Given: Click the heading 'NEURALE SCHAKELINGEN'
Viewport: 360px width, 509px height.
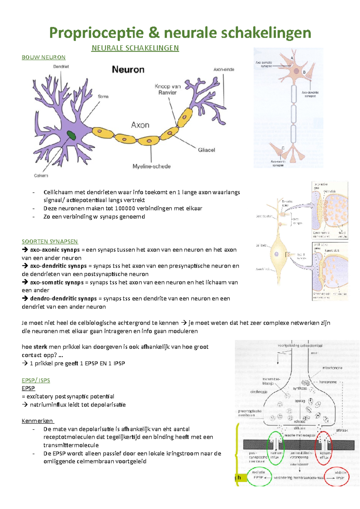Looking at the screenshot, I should click(135, 48).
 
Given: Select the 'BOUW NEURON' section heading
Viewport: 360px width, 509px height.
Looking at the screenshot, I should click(43, 57).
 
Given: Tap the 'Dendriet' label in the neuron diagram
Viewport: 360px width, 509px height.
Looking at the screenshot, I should click(61, 67).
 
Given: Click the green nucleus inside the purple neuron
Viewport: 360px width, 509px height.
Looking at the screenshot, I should click(71, 135).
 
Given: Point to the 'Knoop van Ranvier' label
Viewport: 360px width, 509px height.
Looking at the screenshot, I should click(167, 89).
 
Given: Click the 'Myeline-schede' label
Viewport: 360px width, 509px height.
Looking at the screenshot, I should click(151, 166).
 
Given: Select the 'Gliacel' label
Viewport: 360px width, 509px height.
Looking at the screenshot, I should click(206, 150).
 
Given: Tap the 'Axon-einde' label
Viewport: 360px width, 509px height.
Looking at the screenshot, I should click(224, 70).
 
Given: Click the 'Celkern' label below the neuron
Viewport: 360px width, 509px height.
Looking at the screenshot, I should click(41, 175).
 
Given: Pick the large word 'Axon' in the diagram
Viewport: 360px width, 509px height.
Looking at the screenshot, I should click(140, 125).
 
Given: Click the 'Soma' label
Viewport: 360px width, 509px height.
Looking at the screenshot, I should click(103, 97).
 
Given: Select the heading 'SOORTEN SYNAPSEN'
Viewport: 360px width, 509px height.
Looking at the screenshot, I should click(50, 241).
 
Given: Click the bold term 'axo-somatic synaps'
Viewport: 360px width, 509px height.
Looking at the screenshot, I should click(57, 282).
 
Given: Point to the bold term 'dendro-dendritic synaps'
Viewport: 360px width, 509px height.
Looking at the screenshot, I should click(63, 299).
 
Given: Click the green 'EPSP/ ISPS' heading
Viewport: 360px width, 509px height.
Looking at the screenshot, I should click(36, 380).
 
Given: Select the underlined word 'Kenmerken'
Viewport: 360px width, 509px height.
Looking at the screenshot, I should click(37, 421).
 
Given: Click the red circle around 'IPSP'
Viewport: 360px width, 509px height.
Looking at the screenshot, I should click(337, 477).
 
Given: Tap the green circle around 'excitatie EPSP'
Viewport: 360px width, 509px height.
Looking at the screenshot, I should click(259, 477).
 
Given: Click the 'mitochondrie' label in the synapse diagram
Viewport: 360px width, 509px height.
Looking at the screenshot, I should click(332, 368).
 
